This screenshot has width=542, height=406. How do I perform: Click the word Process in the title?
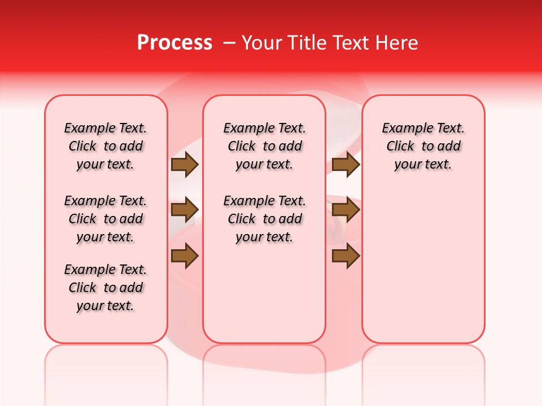pos(174,43)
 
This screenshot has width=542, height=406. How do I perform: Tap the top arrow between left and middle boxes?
pos(185,164)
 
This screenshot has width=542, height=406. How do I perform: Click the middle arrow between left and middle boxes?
pos(185,210)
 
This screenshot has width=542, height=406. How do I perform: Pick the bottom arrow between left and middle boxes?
pos(185,256)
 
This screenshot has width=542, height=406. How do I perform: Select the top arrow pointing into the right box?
pos(346,164)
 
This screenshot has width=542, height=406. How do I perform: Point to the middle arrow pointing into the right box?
pos(346,210)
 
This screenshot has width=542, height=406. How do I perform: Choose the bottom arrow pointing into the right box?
pos(346,256)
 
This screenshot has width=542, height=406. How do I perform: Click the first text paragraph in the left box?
pos(106,146)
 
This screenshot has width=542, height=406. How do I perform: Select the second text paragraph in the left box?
pos(106,219)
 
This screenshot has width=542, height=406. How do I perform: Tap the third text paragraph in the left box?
pos(106,288)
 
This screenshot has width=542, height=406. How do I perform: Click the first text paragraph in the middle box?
pos(264,146)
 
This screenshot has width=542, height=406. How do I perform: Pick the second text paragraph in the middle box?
pos(264,219)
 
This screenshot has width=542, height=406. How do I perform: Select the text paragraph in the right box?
pos(423,146)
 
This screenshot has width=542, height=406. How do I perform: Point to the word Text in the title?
pos(351,43)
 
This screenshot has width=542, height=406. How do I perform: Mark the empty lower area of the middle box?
pos(264,293)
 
